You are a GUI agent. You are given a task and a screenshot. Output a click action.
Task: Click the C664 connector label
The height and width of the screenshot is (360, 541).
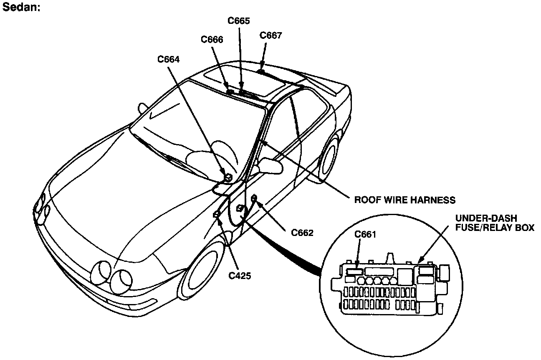tap(169, 59)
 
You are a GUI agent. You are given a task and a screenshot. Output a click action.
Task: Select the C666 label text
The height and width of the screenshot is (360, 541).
tap(212, 40)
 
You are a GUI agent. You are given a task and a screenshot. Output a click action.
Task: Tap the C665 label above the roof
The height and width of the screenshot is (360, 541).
tap(239, 20)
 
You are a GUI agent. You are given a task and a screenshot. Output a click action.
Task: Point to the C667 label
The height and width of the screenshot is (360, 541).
tap(270, 35)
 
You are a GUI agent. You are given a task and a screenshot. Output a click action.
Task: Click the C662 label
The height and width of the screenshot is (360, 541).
tap(302, 233)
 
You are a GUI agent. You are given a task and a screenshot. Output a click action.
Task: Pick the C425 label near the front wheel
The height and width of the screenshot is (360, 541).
tap(240, 275)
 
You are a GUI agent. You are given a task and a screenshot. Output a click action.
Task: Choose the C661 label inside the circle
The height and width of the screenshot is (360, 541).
tap(365, 235)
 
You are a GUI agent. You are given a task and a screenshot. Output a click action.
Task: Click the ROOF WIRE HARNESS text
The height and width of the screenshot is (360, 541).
tap(404, 200)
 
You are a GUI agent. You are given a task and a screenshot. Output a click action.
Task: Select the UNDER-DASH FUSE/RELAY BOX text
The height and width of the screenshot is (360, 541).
tap(494, 223)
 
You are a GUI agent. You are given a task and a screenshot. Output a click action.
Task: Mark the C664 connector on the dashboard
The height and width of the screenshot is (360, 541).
tap(228, 177)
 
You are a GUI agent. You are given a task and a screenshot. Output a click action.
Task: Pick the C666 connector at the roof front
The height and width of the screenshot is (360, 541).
tap(230, 91)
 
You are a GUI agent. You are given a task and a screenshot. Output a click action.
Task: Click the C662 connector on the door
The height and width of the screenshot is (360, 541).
tap(254, 198)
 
